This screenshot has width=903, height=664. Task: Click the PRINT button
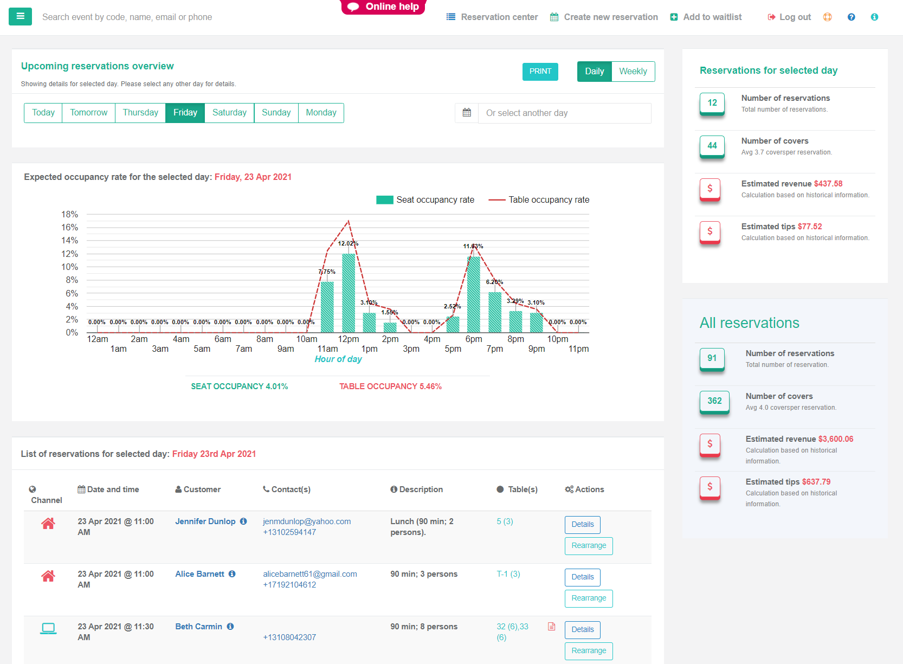pyautogui.click(x=540, y=72)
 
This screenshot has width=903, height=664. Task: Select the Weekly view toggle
pyautogui.click(x=633, y=72)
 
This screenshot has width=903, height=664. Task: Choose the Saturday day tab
pyautogui.click(x=229, y=113)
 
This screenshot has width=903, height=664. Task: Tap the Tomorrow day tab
pyautogui.click(x=88, y=113)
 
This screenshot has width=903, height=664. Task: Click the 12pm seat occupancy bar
pyautogui.click(x=349, y=293)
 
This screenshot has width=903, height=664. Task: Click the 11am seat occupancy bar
pyautogui.click(x=327, y=307)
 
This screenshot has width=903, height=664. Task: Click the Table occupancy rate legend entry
pyautogui.click(x=539, y=200)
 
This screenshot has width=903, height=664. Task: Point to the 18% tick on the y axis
pyautogui.click(x=70, y=215)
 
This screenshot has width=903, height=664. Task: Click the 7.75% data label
pyautogui.click(x=327, y=272)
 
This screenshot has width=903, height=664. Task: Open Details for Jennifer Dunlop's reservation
pyautogui.click(x=582, y=525)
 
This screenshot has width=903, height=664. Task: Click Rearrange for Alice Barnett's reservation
pyautogui.click(x=589, y=598)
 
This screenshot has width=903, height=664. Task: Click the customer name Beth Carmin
pyautogui.click(x=198, y=627)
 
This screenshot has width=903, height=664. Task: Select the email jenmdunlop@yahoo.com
pyautogui.click(x=307, y=521)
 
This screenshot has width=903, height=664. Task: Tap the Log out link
pyautogui.click(x=790, y=17)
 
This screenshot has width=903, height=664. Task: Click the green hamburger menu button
pyautogui.click(x=21, y=17)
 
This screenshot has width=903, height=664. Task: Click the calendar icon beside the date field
pyautogui.click(x=467, y=113)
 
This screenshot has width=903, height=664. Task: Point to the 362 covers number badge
pyautogui.click(x=714, y=401)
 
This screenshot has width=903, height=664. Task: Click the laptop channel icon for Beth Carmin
pyautogui.click(x=48, y=628)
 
